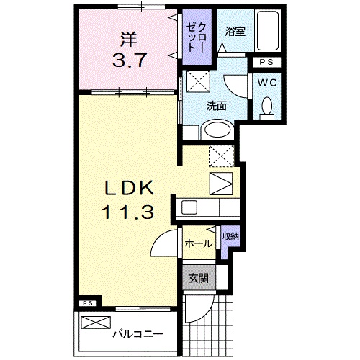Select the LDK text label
(130, 189)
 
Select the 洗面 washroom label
(217, 105)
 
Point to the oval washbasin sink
(216, 130)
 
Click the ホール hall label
(198, 243)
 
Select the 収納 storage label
(230, 236)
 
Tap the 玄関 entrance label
(198, 278)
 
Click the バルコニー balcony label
(137, 333)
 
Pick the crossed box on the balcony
(93, 323)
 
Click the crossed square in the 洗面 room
(197, 80)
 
